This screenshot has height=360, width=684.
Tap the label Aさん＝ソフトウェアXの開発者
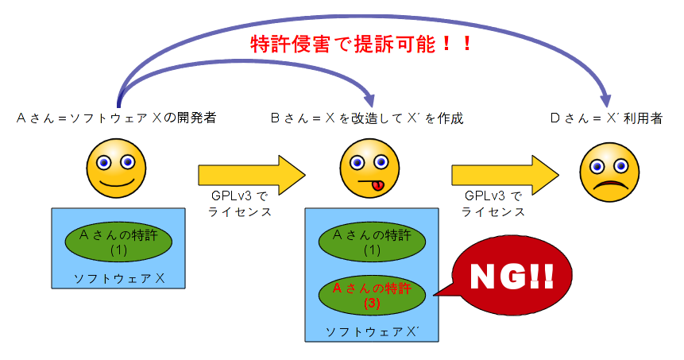[116, 118]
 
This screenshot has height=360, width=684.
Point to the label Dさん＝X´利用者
[607, 118]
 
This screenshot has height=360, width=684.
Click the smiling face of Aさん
[116, 168]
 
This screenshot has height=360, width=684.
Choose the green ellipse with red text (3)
[373, 295]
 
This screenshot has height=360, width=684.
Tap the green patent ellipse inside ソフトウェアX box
[118, 242]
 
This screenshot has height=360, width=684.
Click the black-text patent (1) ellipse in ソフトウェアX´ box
[373, 242]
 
